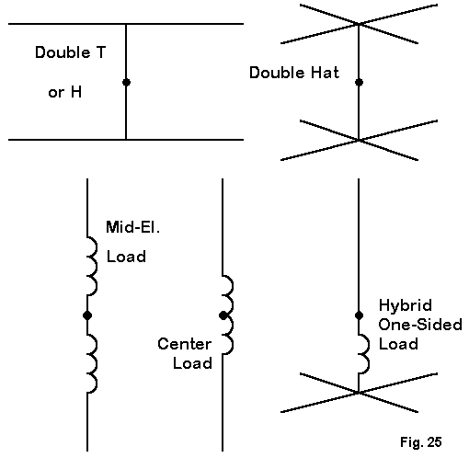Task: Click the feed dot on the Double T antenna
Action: coord(126,82)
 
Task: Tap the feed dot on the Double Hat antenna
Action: coord(359,82)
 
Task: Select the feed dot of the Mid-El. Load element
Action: coord(87,315)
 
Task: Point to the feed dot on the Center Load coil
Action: coord(223,315)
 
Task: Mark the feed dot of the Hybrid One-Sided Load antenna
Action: coord(359,315)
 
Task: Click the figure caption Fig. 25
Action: coord(421,442)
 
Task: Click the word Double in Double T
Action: coord(63,52)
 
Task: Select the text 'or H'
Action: coord(65,92)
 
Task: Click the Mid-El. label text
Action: coord(132,227)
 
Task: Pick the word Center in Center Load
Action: coord(185,344)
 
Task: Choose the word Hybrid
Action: coord(406,306)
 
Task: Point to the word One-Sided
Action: coord(420,325)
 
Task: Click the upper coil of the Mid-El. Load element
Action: coord(92,266)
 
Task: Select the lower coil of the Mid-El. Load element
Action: coord(92,363)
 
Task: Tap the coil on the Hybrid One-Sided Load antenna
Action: coord(364,354)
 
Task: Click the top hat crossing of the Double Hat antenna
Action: coord(359,24)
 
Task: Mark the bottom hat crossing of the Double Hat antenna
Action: coord(359,140)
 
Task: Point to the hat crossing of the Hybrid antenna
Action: coord(359,393)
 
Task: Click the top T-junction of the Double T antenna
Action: coord(126,24)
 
